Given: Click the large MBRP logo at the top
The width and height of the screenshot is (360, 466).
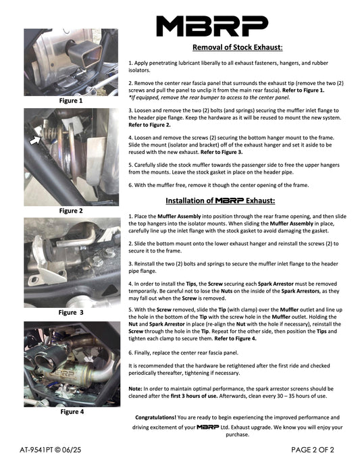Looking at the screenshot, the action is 212,26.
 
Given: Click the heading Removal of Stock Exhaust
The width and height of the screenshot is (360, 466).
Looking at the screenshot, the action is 238,47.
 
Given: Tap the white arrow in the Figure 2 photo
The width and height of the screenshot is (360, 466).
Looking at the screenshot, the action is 35,140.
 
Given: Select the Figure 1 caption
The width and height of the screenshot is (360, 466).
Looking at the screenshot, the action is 71,101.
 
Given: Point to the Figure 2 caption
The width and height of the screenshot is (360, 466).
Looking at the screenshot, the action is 71,211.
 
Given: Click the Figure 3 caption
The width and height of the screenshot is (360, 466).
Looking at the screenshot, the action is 71,312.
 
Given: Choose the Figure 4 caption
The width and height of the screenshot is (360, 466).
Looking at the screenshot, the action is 72,411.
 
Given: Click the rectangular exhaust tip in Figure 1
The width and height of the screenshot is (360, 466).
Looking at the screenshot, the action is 84,53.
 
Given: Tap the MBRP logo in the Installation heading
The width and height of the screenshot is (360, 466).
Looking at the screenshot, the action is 230,201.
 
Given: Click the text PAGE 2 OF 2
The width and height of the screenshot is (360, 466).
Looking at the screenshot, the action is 313,450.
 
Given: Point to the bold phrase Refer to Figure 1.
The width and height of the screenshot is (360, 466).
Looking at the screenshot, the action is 303,90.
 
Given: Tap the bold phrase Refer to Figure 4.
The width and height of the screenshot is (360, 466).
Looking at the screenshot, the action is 235,338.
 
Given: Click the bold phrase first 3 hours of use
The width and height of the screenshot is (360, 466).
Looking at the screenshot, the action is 194,396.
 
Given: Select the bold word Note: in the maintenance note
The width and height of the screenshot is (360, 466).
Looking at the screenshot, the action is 135,389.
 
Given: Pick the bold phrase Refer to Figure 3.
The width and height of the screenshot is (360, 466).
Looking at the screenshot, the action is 222,152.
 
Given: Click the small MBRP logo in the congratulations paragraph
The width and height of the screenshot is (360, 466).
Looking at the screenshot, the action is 208,427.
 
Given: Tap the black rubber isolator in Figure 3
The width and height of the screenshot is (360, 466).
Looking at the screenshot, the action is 48,247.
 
